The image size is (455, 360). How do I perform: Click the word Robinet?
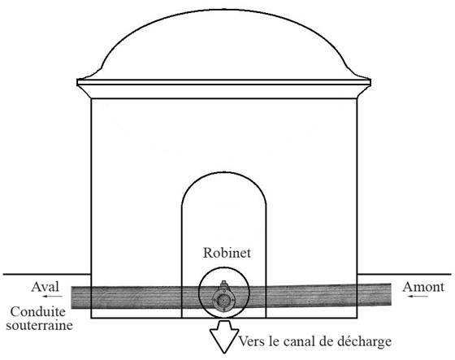[227, 253]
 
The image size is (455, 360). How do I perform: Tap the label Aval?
[45, 287]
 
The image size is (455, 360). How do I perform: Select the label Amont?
[423, 287]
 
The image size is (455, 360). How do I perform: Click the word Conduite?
[38, 312]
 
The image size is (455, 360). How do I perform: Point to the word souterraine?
[40, 325]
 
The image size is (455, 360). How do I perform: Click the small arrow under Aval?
[52, 297]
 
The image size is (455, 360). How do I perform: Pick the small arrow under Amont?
[418, 297]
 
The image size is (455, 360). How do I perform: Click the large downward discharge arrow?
[224, 336]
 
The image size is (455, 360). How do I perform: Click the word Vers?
[252, 341]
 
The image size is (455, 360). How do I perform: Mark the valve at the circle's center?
[223, 299]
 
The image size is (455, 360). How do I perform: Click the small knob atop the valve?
[223, 283]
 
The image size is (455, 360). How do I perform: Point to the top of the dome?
[224, 10]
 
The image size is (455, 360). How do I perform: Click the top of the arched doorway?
[223, 173]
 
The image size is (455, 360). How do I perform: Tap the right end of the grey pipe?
[391, 294]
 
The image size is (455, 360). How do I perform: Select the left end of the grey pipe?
[72, 297]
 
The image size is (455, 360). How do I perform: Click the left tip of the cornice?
[77, 82]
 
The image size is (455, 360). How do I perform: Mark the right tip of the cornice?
[370, 82]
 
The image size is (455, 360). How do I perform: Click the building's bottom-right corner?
[357, 318]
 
